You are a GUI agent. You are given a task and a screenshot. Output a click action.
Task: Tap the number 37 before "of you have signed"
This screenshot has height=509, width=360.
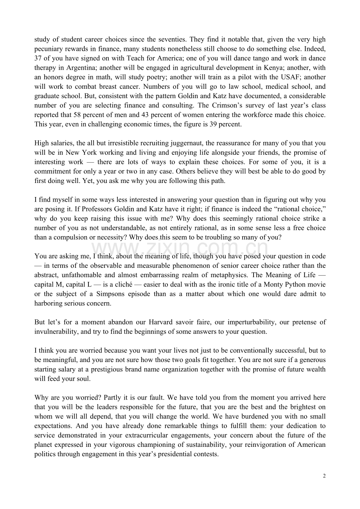point(38,58)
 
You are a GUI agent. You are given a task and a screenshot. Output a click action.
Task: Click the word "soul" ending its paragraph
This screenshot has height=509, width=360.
point(83,379)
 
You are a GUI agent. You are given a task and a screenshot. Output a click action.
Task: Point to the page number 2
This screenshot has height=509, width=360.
point(324,476)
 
